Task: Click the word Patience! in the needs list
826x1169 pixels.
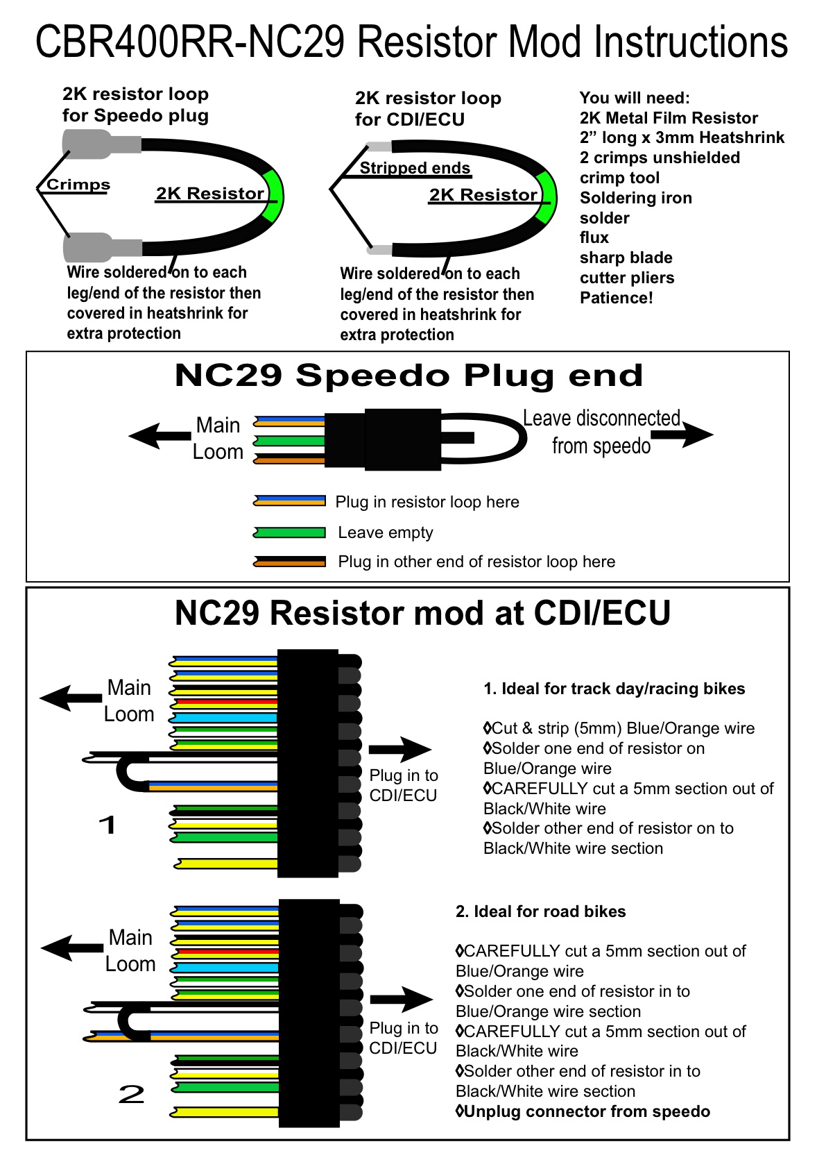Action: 616,298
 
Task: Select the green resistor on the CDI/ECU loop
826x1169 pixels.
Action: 548,197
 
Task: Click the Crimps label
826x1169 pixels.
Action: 78,185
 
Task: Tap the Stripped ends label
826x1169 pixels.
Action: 415,168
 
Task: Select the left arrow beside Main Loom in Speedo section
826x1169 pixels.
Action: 160,436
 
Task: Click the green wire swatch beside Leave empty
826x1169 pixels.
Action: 289,532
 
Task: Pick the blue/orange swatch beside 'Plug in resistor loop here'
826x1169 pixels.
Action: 289,501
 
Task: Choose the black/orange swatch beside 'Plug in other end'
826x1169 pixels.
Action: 289,562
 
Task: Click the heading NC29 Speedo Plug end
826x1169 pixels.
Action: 408,376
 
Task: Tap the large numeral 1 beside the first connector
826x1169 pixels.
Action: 107,825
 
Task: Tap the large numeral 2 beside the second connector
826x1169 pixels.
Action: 131,1095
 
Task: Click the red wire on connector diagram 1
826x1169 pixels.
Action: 225,703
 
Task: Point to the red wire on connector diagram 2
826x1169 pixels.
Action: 226,952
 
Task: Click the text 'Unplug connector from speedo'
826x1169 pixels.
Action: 586,1111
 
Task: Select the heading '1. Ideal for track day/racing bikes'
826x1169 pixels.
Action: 614,689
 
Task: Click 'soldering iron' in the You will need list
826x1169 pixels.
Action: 635,198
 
